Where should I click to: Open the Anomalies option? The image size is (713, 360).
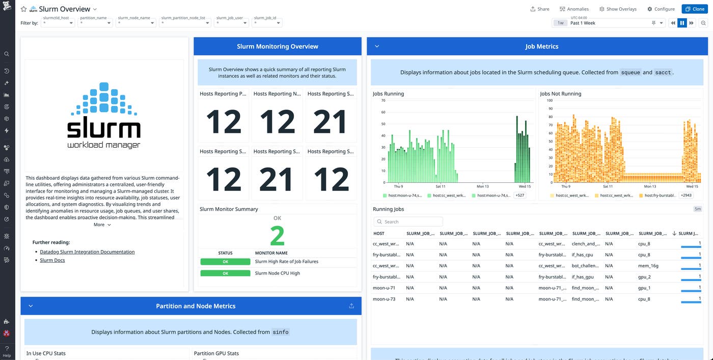click(x=574, y=9)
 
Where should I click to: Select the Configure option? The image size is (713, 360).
click(x=661, y=9)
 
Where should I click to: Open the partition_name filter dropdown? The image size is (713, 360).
click(x=95, y=23)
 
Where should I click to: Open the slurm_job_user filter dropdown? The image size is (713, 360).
click(x=231, y=23)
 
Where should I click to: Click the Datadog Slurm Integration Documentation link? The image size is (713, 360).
click(x=87, y=252)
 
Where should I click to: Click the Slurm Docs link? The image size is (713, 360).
click(x=52, y=260)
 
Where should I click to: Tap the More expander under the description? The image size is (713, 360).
click(x=102, y=225)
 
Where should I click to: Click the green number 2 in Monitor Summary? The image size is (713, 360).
click(x=277, y=235)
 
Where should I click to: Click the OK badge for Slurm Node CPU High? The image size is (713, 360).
click(x=225, y=273)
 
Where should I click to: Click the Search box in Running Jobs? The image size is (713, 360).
click(x=408, y=221)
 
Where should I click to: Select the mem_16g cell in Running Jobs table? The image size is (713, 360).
click(x=646, y=266)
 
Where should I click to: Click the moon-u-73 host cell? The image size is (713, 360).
click(x=384, y=299)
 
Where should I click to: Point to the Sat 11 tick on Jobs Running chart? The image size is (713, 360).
click(x=440, y=186)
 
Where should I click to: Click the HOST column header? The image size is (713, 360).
click(x=378, y=233)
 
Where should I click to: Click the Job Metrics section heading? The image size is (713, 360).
click(x=541, y=46)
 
